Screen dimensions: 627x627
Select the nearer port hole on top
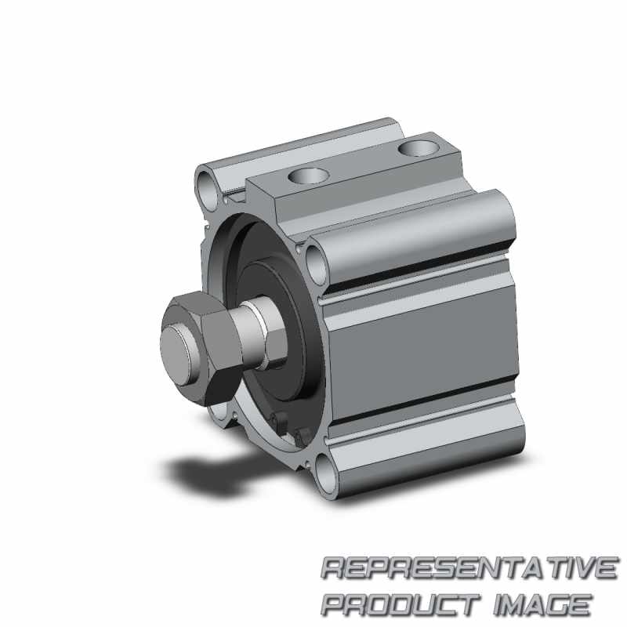click(x=309, y=175)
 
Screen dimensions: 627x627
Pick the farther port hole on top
click(x=419, y=148)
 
